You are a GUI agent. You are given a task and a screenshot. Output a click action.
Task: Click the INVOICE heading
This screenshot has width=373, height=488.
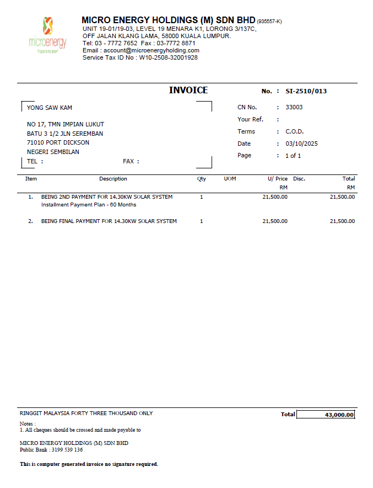(x=188, y=91)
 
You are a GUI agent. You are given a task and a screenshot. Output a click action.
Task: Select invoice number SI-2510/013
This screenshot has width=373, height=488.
(x=306, y=91)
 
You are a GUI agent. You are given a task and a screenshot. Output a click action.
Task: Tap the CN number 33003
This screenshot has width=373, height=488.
(x=294, y=108)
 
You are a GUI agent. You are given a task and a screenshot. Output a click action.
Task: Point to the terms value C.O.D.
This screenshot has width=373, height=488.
(x=294, y=132)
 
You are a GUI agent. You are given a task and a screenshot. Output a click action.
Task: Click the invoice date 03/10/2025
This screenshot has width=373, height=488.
(x=301, y=144)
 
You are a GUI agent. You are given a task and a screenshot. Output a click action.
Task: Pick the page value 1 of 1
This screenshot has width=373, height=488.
(x=293, y=156)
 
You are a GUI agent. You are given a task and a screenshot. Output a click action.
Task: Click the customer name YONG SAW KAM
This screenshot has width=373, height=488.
(x=50, y=108)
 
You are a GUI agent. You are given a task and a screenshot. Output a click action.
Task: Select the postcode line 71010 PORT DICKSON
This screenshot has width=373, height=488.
(x=58, y=142)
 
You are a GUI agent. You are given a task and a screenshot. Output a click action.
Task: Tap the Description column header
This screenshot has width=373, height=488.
(x=113, y=179)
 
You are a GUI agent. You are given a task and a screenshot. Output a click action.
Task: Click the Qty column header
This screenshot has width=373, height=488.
(x=202, y=179)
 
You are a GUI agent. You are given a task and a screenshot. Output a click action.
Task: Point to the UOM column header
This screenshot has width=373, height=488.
(x=230, y=179)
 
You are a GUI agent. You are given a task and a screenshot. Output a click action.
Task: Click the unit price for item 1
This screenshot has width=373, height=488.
(x=275, y=197)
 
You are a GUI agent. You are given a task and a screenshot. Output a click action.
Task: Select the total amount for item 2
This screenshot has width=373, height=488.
(x=342, y=221)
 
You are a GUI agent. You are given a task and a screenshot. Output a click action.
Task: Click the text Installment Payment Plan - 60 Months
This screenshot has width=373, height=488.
(x=89, y=205)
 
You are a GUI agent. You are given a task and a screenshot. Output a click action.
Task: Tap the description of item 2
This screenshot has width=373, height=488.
(x=109, y=221)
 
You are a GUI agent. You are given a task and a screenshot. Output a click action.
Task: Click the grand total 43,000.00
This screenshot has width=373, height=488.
(x=339, y=415)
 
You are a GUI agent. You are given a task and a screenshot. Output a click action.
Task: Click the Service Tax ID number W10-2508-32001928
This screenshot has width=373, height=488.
(x=168, y=57)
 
